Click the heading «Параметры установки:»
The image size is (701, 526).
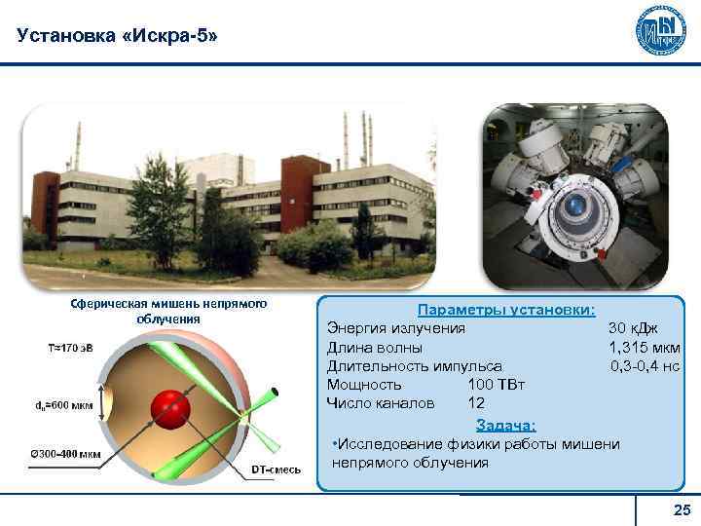pos(506,310)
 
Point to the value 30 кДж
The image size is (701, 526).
pos(633,328)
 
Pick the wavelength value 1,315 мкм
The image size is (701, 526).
pos(644,347)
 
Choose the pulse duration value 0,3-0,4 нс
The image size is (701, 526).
pos(645,365)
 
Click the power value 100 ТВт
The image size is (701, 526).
pos(497,385)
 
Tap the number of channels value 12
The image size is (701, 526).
pos(476,403)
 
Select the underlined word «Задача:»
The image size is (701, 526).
pos(505,425)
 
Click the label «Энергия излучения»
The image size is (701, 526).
pos(395,328)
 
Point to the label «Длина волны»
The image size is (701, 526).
pos(374,347)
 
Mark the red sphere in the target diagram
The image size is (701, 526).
pos(172,407)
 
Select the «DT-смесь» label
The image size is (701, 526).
pos(277,470)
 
